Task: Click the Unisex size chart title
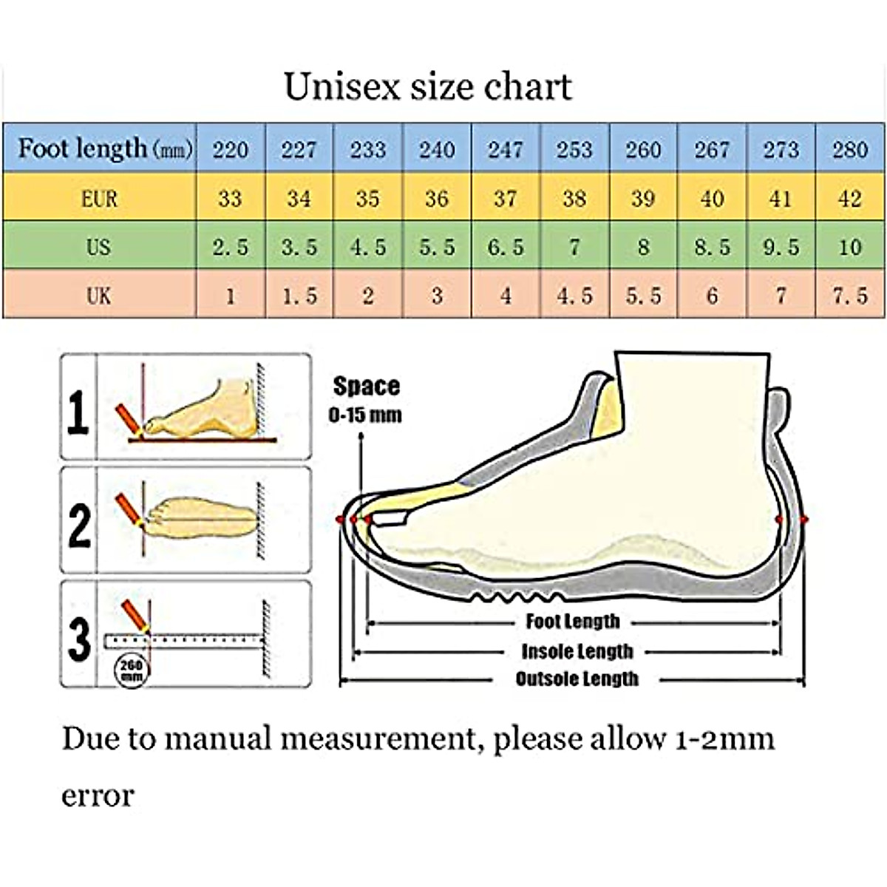click(428, 86)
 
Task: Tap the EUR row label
click(99, 198)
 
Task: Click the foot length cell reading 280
click(849, 150)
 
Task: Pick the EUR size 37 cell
click(505, 198)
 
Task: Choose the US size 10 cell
click(849, 247)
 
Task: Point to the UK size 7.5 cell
click(849, 296)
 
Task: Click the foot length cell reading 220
click(230, 150)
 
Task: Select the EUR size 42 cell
click(849, 198)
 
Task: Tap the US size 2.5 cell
click(230, 247)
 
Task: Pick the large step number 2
click(79, 526)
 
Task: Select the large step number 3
click(79, 639)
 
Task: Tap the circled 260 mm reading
click(132, 670)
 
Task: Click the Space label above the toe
click(366, 386)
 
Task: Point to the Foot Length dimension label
click(573, 622)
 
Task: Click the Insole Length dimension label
click(577, 651)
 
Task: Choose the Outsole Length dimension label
click(577, 679)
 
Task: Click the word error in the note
click(98, 796)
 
